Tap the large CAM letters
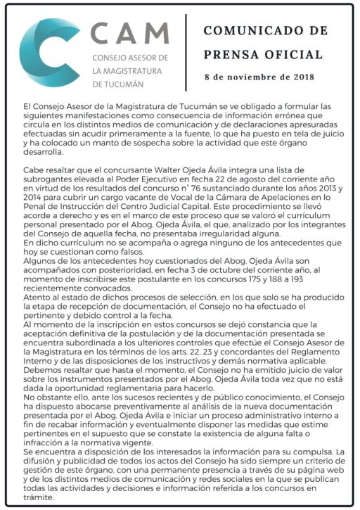(130, 32)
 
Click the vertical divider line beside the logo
(186, 53)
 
